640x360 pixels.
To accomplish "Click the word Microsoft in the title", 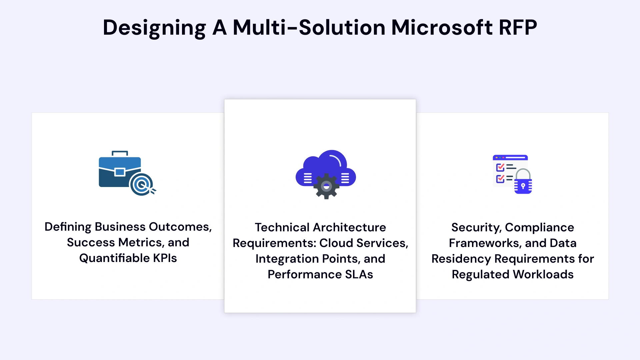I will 442,27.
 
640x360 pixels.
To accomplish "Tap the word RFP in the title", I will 518,27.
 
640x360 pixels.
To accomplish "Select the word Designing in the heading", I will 154,28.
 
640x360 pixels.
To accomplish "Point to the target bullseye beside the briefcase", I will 142,184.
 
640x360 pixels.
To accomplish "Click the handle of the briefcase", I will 120,153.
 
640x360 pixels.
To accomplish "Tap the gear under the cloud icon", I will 326,186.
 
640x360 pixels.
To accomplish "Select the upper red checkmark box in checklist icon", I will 500,167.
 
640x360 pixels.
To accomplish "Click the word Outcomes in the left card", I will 180,227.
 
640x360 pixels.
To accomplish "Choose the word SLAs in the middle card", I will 359,274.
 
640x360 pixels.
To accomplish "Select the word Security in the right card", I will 476,227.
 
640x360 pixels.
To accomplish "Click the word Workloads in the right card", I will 543,274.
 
